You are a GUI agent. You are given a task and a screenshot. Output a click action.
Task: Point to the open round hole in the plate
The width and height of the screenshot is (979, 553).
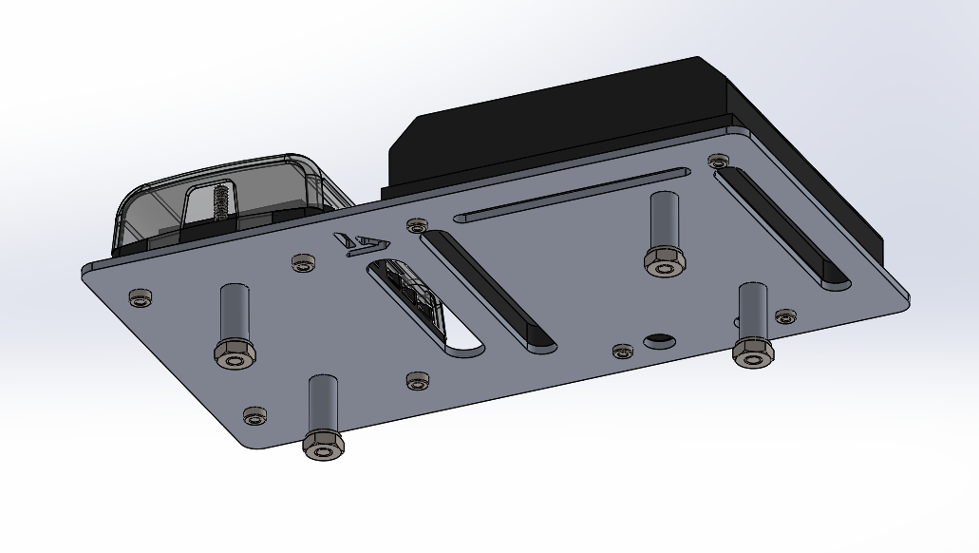click(658, 339)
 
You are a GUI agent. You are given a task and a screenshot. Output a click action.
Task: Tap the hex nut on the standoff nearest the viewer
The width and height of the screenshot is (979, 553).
click(322, 446)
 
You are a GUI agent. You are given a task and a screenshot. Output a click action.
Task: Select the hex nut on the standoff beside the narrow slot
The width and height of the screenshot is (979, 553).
click(664, 261)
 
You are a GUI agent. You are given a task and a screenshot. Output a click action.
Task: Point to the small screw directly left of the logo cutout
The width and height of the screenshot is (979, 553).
click(303, 262)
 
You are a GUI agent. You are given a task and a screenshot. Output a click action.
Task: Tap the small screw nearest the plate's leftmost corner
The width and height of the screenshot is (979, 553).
click(141, 298)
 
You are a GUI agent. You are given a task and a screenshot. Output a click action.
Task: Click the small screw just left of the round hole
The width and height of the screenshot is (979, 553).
click(622, 353)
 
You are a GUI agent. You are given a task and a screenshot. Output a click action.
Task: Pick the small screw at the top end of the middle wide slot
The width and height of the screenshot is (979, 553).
click(416, 226)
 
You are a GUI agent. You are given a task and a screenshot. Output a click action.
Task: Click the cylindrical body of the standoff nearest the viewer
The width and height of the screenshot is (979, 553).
click(322, 404)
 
